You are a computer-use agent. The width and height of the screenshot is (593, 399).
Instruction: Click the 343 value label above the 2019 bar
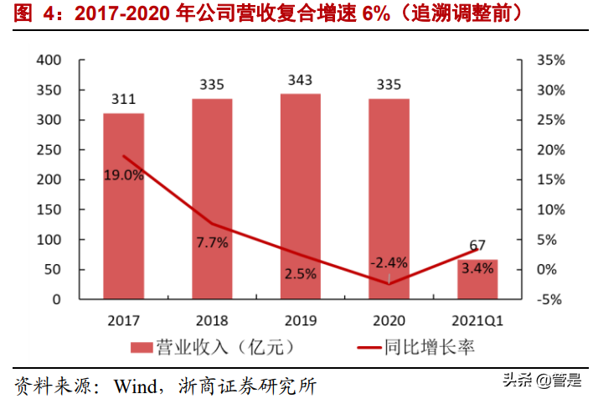300,80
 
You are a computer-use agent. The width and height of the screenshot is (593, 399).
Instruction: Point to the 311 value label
123,100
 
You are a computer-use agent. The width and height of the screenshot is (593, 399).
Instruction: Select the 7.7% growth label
211,241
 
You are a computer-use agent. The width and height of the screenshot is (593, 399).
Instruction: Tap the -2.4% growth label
389,262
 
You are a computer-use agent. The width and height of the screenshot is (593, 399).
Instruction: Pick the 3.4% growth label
477,268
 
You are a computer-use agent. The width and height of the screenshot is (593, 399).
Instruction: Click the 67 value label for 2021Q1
477,246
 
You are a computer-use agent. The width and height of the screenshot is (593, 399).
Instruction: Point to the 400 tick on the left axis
51,60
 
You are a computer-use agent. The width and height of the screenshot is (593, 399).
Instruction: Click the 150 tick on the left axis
51,210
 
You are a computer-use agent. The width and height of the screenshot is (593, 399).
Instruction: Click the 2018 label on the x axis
211,320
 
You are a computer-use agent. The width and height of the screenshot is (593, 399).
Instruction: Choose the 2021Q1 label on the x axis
477,320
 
